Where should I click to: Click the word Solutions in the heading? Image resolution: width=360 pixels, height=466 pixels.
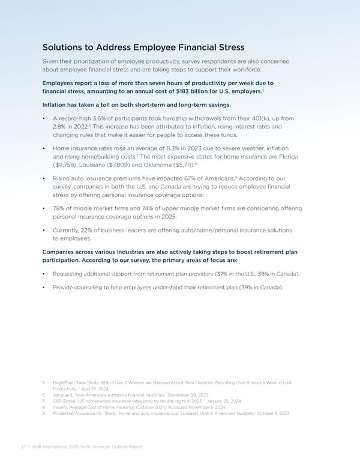click(65, 47)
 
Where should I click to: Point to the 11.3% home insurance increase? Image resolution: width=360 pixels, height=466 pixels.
click(167, 148)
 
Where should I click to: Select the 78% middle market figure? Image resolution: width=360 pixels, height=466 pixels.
click(59, 208)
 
